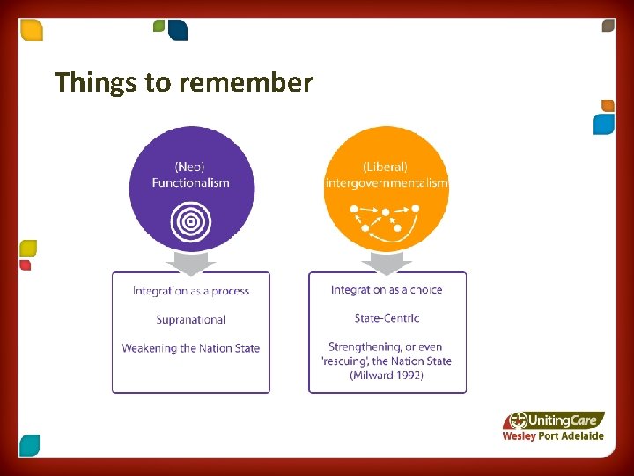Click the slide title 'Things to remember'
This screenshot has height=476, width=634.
[x=183, y=83]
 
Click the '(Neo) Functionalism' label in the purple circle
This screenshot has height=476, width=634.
[x=190, y=175]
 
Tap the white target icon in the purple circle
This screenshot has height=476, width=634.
[x=190, y=221]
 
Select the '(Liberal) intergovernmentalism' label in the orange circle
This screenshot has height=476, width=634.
[x=386, y=175]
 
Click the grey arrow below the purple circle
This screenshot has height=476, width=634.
[x=190, y=263]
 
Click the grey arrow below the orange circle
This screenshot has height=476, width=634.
[x=387, y=263]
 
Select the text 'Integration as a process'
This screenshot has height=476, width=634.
[x=190, y=291]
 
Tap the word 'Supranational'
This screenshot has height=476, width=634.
[x=190, y=319]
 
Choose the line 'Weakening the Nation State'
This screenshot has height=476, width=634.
[x=190, y=348]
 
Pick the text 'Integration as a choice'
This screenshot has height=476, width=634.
[x=387, y=290]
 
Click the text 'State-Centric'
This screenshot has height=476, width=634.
[x=387, y=318]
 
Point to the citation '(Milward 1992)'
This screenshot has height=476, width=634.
[x=387, y=376]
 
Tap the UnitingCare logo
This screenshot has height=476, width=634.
[x=555, y=420]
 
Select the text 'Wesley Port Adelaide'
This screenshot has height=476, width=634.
[x=553, y=436]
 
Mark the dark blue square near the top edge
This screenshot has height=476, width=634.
[x=178, y=31]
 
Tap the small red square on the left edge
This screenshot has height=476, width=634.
[x=26, y=264]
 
